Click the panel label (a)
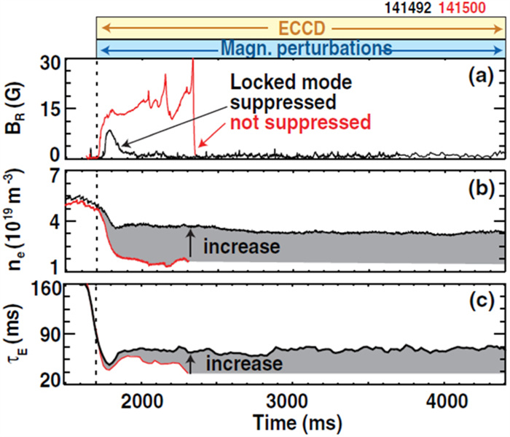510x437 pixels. tap(482, 76)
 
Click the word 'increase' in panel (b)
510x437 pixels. tap(241, 247)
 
